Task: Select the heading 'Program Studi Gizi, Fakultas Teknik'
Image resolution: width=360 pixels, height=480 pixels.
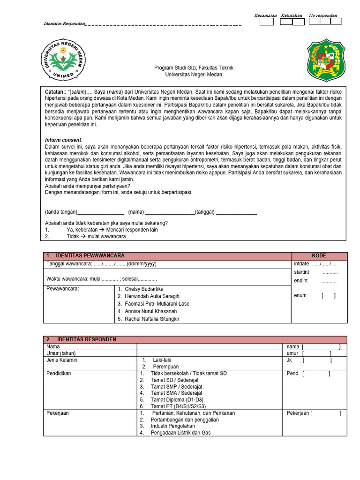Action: pyautogui.click(x=194, y=68)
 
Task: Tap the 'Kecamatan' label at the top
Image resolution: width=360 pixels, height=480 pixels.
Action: pyautogui.click(x=265, y=15)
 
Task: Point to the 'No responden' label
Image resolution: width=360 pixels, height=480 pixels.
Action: pyautogui.click(x=323, y=15)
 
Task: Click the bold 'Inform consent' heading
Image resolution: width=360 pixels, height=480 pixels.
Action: pyautogui.click(x=63, y=140)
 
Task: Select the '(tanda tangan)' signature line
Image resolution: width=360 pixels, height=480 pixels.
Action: pyautogui.click(x=84, y=212)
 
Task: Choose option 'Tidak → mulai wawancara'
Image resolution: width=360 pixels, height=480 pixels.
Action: pyautogui.click(x=96, y=237)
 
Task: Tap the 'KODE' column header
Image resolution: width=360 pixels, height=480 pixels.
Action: pyautogui.click(x=319, y=255)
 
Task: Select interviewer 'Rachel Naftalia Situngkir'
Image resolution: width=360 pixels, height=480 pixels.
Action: pyautogui.click(x=152, y=319)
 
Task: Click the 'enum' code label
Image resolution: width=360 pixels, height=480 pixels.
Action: pyautogui.click(x=300, y=296)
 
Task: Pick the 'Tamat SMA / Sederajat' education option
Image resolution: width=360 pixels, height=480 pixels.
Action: pyautogui.click(x=176, y=393)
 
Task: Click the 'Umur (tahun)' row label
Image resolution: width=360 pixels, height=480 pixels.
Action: pyautogui.click(x=60, y=353)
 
